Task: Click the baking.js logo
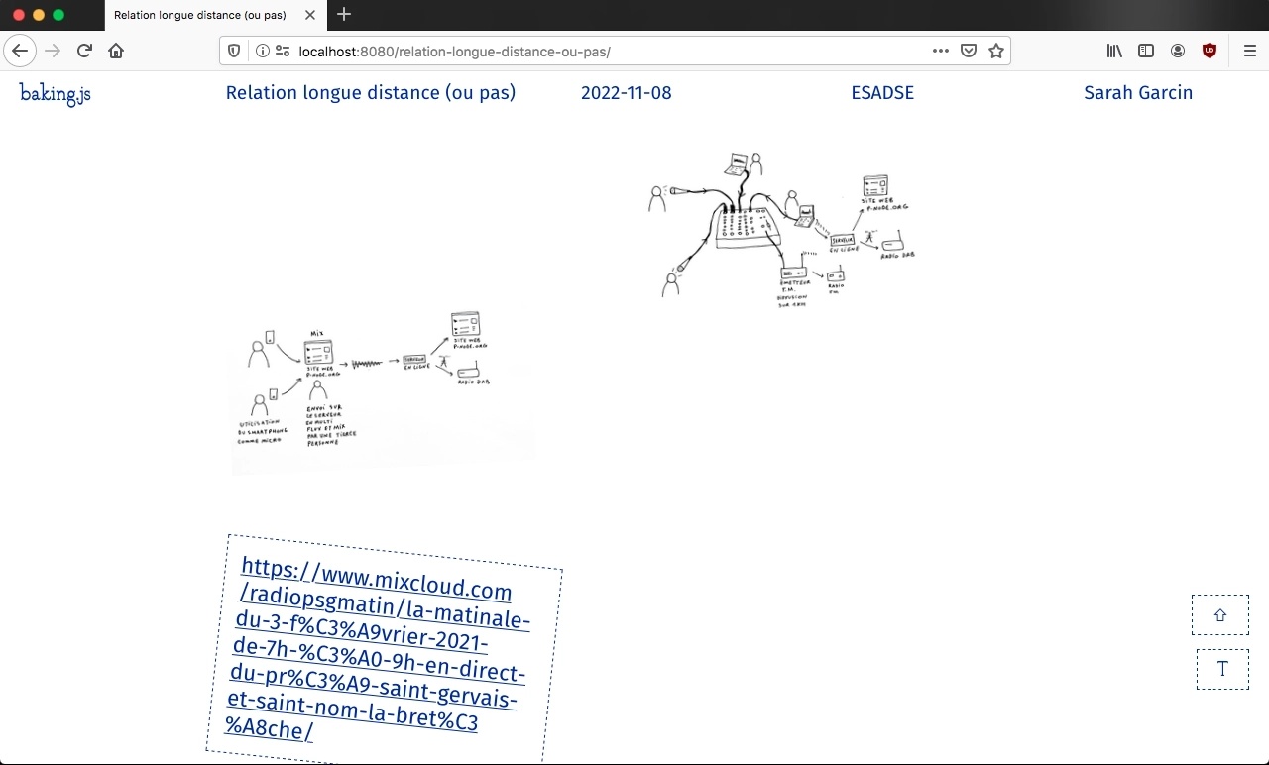pos(56,93)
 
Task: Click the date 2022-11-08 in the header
pos(626,93)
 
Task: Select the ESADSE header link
pos(881,93)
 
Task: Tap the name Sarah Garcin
pos(1137,93)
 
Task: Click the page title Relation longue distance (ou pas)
pos(370,93)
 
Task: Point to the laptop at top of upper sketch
pos(738,164)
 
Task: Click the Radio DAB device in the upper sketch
pos(891,245)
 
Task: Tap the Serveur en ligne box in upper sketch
pos(842,240)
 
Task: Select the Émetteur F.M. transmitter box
pos(793,273)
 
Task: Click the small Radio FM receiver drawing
pos(834,276)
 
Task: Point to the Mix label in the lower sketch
pos(317,334)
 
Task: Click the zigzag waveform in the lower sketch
pos(367,364)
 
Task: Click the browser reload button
pos(84,51)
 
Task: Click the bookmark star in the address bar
pos(996,51)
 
